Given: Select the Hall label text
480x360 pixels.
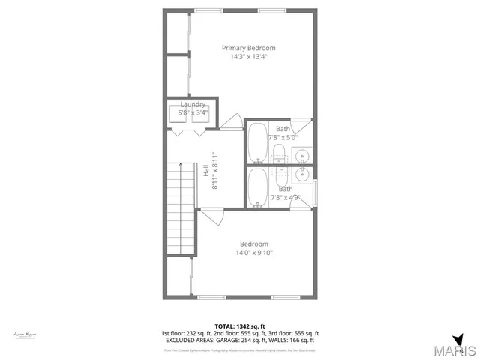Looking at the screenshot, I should [x=205, y=170].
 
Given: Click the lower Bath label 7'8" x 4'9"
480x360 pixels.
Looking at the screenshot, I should [x=286, y=194].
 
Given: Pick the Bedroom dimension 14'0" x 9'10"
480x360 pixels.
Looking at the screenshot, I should [x=254, y=253].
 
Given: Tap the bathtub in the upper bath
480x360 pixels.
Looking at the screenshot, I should [x=257, y=142].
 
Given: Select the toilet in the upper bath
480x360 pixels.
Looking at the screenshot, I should [x=278, y=154].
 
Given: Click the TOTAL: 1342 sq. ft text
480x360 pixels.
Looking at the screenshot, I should [x=239, y=325].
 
